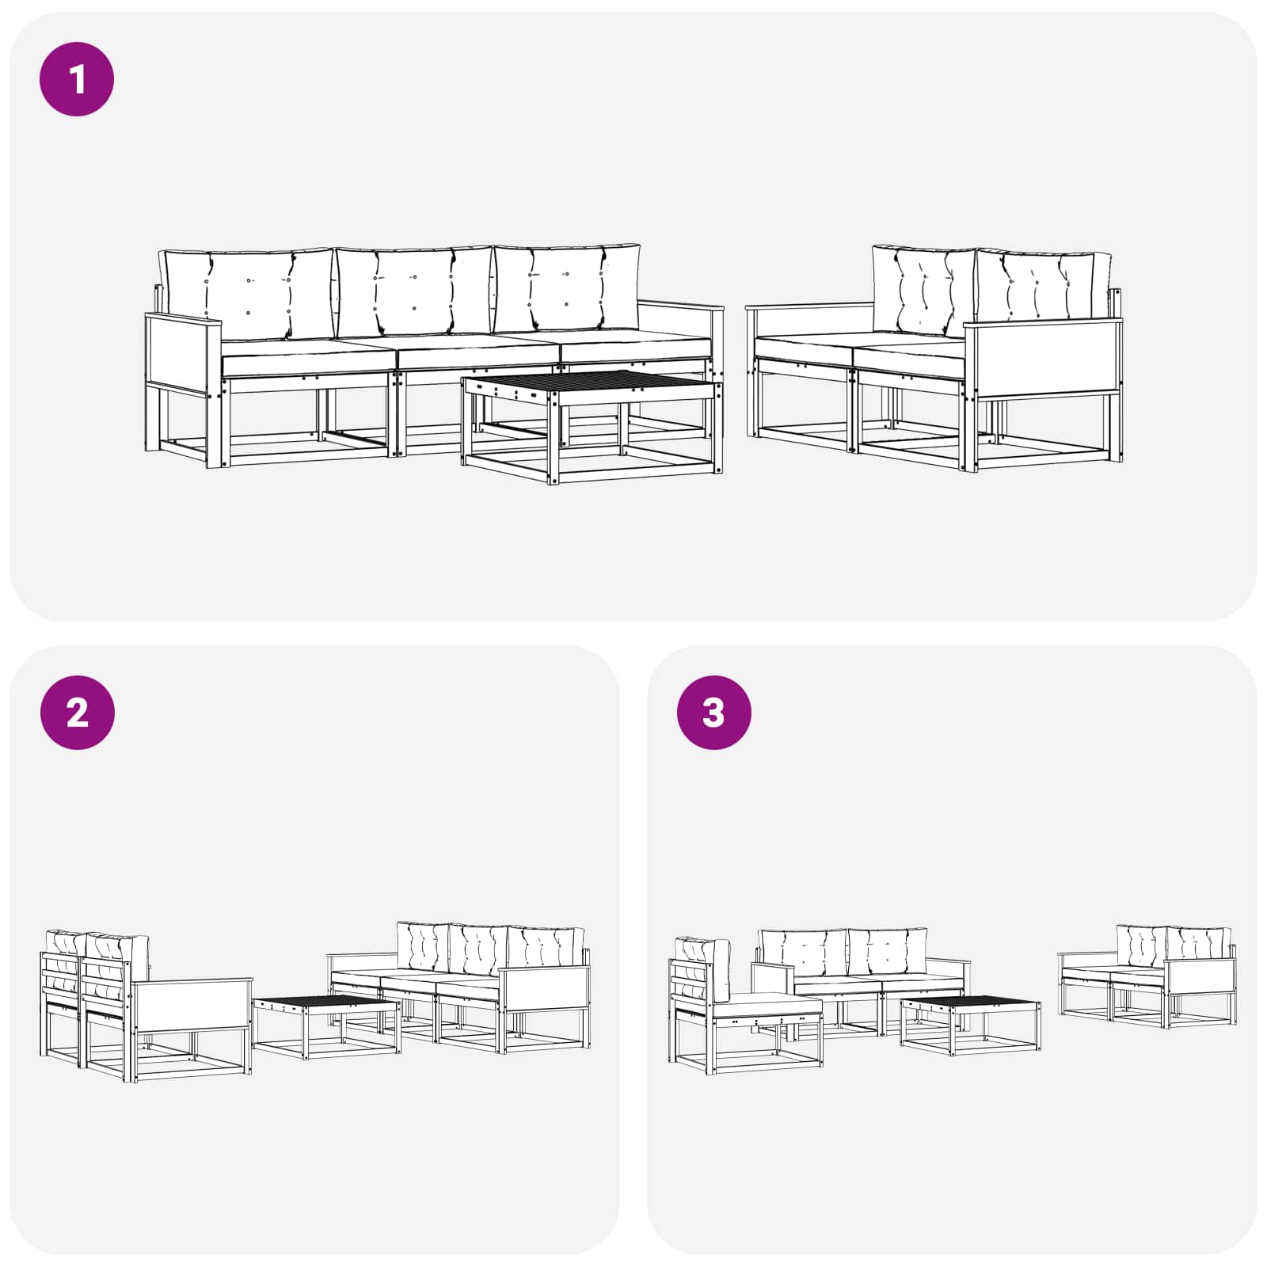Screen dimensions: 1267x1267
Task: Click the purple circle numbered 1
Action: coord(77,79)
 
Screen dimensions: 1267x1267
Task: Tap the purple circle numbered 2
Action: coord(77,713)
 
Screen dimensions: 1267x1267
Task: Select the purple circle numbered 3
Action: coord(713,713)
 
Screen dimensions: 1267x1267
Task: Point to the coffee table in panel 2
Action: coord(326,1027)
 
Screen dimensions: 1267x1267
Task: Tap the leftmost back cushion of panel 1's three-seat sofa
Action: coord(246,294)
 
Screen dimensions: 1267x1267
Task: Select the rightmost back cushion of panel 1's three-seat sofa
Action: coord(567,287)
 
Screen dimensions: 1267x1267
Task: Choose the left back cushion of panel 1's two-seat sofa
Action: coord(923,291)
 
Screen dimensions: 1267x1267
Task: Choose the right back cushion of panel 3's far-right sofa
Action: coord(1198,946)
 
